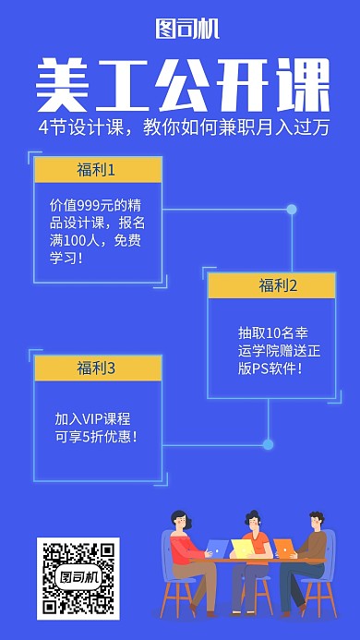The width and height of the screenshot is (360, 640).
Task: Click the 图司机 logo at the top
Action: click(187, 30)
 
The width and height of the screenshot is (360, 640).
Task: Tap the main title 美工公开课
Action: click(182, 87)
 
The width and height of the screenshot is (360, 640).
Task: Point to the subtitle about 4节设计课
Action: click(184, 128)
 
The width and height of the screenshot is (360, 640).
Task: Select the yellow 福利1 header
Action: click(97, 170)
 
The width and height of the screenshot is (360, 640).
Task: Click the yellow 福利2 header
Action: click(270, 285)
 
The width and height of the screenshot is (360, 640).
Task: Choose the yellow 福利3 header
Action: click(97, 368)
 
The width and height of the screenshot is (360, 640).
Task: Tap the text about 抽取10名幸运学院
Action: click(270, 350)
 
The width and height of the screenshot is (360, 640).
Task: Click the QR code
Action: click(78, 578)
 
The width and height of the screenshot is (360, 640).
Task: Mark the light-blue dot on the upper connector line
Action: click(292, 210)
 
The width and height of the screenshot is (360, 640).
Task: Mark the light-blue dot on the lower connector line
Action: click(268, 444)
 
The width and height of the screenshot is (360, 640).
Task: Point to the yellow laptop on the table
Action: click(243, 549)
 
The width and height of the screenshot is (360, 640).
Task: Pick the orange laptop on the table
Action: click(282, 549)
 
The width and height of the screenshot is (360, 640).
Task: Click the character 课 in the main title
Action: click(301, 87)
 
